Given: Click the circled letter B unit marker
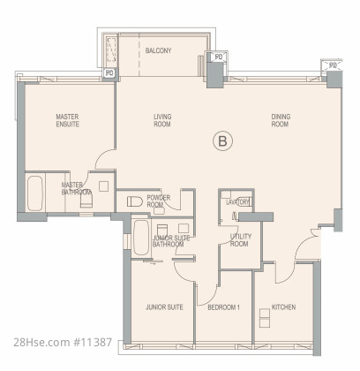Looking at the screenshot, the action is (x=222, y=141).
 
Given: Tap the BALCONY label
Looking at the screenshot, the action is (x=158, y=50).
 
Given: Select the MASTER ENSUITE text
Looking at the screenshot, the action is (x=68, y=120).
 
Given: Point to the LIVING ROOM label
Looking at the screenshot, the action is (x=162, y=120).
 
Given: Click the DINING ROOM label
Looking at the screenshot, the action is (x=281, y=120).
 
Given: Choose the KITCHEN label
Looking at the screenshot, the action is (x=283, y=307).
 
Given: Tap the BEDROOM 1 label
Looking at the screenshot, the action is (x=223, y=307).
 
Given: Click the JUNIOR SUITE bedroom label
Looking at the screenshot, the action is (x=164, y=307).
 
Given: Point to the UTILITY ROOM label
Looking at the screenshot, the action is (x=241, y=240).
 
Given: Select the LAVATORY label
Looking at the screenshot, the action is (x=237, y=202).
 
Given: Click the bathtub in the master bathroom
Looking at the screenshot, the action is (x=35, y=193).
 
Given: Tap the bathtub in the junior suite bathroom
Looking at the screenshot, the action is (x=141, y=238).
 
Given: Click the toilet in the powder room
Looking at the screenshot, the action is (x=135, y=201).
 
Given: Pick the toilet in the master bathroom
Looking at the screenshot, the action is (x=86, y=201).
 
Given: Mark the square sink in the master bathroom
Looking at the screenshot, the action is (x=103, y=186).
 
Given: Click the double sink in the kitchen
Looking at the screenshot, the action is (x=265, y=318).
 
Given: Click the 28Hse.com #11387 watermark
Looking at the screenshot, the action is (x=63, y=342).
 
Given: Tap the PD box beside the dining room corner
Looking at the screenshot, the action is (x=333, y=65).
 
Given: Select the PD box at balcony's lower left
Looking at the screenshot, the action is (x=109, y=72).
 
